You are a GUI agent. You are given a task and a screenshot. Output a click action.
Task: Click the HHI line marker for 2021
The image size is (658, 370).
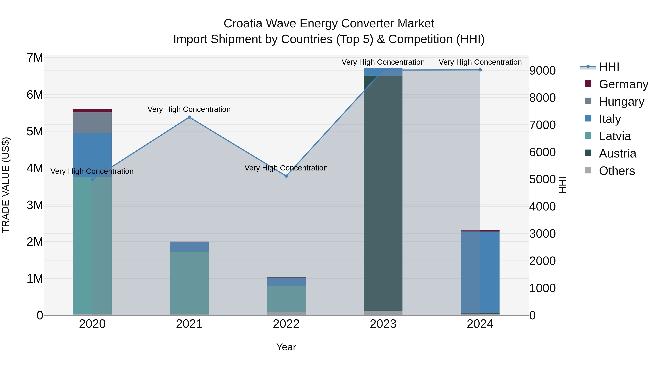(x=189, y=117)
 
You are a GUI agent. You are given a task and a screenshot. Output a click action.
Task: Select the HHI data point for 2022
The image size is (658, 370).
(x=286, y=176)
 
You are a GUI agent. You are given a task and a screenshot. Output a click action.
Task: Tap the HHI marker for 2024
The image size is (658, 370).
(x=480, y=70)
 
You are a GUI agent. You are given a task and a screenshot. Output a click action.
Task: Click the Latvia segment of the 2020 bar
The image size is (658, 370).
(x=92, y=245)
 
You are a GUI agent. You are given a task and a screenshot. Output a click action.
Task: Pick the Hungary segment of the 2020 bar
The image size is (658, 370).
(x=92, y=123)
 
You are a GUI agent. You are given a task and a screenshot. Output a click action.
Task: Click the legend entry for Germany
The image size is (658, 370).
(x=623, y=84)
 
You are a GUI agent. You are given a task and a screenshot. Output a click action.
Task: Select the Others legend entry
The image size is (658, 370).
(x=617, y=171)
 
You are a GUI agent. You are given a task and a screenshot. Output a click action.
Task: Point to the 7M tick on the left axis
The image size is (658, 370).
(x=35, y=58)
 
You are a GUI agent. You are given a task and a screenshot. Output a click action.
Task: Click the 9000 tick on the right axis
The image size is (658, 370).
(x=542, y=71)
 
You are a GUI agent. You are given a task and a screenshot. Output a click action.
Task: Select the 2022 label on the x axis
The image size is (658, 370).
(x=286, y=324)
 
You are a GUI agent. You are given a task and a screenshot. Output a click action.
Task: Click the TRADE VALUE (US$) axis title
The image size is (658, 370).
(x=6, y=185)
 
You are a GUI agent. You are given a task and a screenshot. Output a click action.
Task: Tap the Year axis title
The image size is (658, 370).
(x=286, y=347)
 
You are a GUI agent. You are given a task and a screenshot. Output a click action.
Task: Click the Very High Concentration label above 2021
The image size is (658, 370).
(x=189, y=109)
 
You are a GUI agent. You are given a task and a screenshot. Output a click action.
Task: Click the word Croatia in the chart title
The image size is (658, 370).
(x=243, y=24)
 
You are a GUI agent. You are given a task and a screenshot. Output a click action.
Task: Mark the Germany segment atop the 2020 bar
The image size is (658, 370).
(x=92, y=111)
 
